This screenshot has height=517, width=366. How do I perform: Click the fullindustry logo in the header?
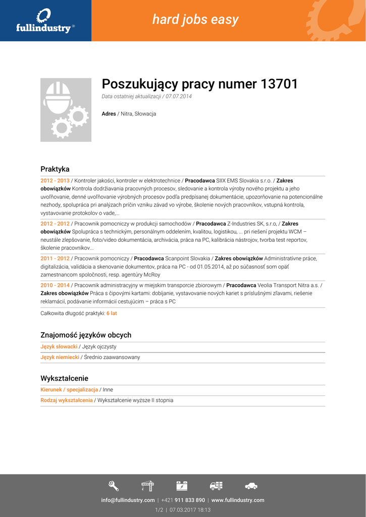44,21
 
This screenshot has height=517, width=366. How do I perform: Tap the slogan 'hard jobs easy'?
195,20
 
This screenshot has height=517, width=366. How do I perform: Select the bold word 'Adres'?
109,114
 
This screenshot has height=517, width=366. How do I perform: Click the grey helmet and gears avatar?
66,110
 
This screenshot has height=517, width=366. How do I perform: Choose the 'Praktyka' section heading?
55,169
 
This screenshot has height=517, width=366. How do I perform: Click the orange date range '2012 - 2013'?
55,180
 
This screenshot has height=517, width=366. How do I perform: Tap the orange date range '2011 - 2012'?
55,258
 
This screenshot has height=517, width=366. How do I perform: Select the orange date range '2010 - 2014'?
55,285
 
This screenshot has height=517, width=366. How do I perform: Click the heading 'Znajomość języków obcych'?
86,335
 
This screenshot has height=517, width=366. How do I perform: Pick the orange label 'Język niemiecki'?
60,357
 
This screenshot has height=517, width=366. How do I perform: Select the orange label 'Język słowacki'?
59,347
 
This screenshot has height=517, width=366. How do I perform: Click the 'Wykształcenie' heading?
64,378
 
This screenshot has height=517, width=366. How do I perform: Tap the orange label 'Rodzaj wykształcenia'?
67,400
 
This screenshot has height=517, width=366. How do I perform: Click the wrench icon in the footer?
114,486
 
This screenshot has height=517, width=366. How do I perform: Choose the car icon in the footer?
251,486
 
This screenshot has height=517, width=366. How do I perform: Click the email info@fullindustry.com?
128,500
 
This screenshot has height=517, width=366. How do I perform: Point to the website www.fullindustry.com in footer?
238,500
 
